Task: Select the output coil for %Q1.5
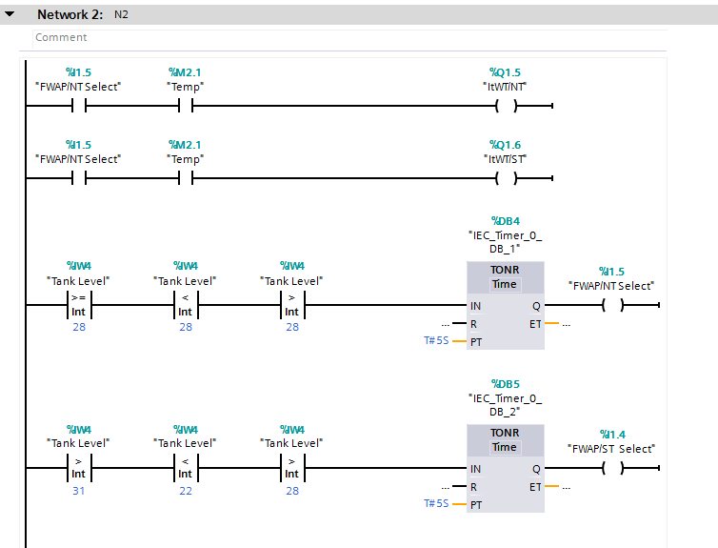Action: [x=505, y=106]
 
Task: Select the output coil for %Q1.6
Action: [x=505, y=178]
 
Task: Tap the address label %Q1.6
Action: [x=505, y=145]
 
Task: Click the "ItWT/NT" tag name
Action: [x=505, y=86]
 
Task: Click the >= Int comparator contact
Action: [x=78, y=306]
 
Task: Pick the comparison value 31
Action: [x=78, y=490]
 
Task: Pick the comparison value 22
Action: [x=185, y=490]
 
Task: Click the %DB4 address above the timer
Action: [x=505, y=218]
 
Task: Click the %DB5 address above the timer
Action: [x=505, y=381]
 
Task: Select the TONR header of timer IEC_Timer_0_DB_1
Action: [x=505, y=270]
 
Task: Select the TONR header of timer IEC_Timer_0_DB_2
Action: [x=505, y=433]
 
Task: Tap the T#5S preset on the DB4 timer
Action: [x=436, y=339]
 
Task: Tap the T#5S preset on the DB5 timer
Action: [x=436, y=502]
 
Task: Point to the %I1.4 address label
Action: [x=611, y=434]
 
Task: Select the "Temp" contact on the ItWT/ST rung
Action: [x=185, y=178]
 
